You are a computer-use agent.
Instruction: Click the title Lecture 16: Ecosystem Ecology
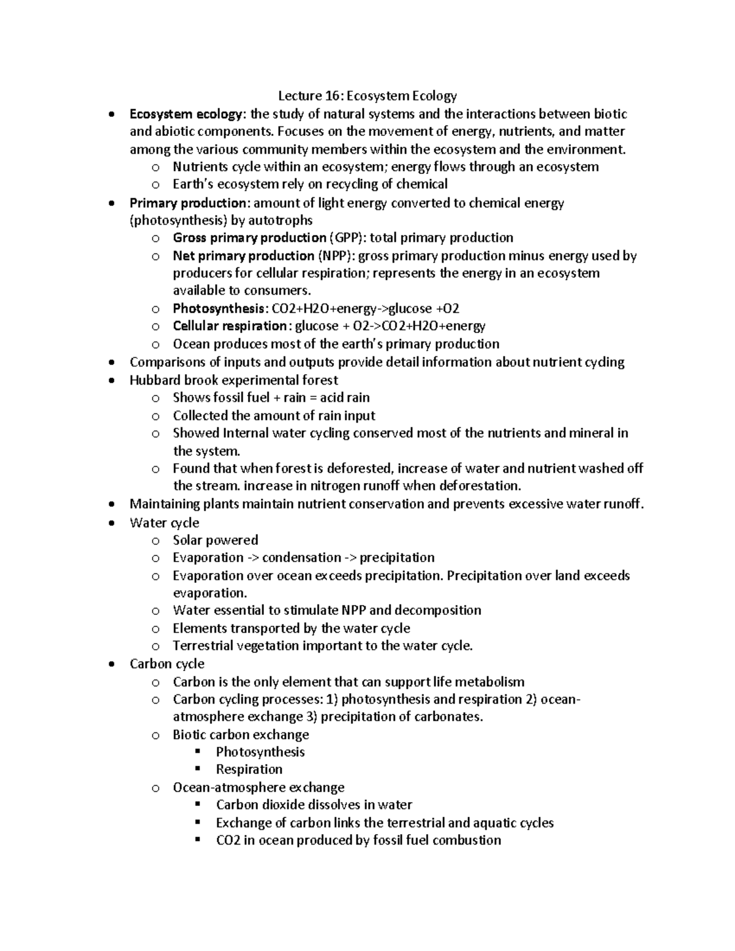pos(367,96)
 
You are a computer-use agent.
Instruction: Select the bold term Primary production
pos(187,203)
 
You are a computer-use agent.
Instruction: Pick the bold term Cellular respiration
pos(230,326)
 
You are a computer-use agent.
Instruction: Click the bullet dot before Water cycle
pos(110,523)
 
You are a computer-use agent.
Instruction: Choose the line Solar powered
pos(215,540)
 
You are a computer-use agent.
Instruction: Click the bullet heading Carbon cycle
pos(167,664)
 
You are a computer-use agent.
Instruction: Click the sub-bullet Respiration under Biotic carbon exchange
pos(249,769)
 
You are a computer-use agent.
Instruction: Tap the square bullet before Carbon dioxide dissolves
pos(197,804)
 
